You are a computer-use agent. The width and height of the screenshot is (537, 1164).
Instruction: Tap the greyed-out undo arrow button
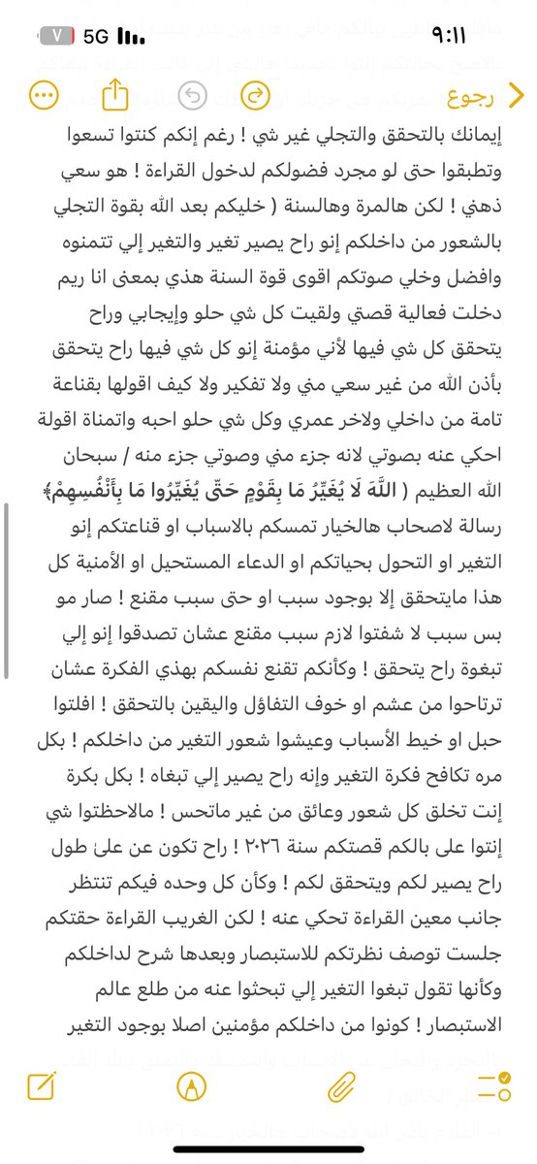194,95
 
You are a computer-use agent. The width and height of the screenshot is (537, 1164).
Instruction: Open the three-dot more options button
43,95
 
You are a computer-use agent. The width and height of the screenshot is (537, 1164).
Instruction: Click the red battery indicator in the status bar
59,35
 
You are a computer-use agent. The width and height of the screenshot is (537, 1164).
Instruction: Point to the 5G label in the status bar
96,36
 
